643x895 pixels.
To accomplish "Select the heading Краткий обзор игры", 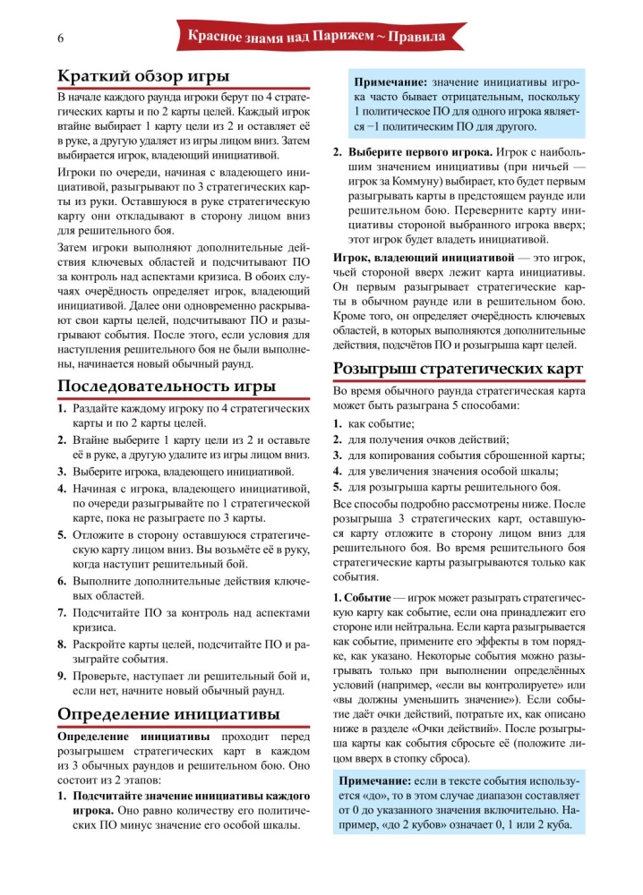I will tap(142, 74).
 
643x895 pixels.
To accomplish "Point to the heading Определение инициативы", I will tap(167, 713).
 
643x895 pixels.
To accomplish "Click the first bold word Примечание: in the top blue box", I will tap(390, 82).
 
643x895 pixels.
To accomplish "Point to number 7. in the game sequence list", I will tap(64, 612).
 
